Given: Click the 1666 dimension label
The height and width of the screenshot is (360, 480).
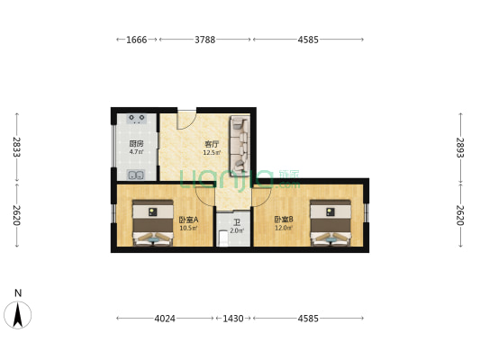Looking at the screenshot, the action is pyautogui.click(x=137, y=40).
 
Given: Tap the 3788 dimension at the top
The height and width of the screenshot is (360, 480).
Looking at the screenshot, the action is pyautogui.click(x=205, y=40).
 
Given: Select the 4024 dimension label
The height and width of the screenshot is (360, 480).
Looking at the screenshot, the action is pyautogui.click(x=165, y=319).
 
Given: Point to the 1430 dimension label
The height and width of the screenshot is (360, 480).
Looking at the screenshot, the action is pyautogui.click(x=233, y=319).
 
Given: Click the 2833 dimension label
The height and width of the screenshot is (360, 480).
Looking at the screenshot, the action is pyautogui.click(x=17, y=147).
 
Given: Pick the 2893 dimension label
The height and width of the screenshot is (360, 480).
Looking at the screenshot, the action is pyautogui.click(x=460, y=148).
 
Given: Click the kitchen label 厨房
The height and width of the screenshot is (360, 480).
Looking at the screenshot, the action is pyautogui.click(x=136, y=143).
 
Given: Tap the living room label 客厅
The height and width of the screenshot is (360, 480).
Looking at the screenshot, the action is pyautogui.click(x=212, y=144).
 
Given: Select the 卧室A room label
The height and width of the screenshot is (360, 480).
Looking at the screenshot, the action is pyautogui.click(x=188, y=220).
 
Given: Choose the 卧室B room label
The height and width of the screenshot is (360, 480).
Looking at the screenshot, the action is pyautogui.click(x=284, y=220).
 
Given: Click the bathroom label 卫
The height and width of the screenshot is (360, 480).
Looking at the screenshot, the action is pyautogui.click(x=237, y=222).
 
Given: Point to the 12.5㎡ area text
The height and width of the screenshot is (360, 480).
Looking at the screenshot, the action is pyautogui.click(x=212, y=153).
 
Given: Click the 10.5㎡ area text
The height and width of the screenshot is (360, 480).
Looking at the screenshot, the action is pyautogui.click(x=188, y=228).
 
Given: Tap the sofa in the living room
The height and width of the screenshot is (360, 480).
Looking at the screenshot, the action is pyautogui.click(x=240, y=146).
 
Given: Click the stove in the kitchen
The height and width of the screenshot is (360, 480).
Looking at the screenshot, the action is pyautogui.click(x=137, y=119).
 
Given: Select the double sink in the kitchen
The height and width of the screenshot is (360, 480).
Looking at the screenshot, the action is pyautogui.click(x=136, y=175).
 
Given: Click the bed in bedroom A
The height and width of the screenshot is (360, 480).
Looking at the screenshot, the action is pyautogui.click(x=153, y=223).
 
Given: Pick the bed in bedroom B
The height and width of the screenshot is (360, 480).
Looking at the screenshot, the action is pyautogui.click(x=331, y=223).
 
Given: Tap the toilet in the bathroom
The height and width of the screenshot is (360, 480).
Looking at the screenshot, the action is pyautogui.click(x=223, y=238).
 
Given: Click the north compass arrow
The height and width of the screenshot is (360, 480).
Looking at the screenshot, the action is pyautogui.click(x=18, y=315).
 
